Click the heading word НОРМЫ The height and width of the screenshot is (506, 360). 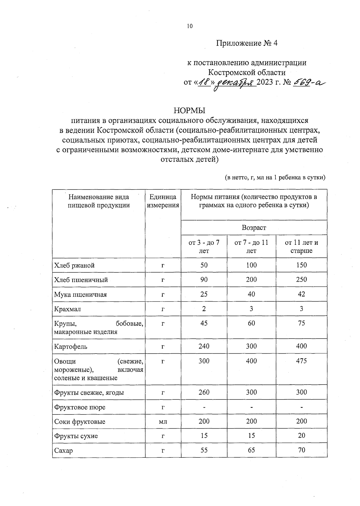(x=189, y=110)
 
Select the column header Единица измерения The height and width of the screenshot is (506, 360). (x=163, y=201)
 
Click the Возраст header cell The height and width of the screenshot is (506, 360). (x=254, y=228)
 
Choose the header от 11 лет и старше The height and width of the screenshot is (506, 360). (x=301, y=247)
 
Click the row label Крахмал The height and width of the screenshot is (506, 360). (x=67, y=309)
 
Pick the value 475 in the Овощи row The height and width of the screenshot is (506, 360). (x=301, y=361)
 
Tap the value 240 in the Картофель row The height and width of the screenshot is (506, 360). (x=204, y=346)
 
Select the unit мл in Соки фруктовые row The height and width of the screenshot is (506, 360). (x=163, y=422)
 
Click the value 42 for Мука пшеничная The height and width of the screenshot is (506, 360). (x=301, y=294)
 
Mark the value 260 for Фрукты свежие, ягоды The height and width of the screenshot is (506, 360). (x=204, y=392)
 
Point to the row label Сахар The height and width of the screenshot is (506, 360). (x=63, y=451)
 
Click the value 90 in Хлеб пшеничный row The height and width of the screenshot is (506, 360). (x=204, y=280)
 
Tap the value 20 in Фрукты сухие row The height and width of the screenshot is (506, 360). (x=301, y=436)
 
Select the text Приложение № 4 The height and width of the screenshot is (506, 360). (x=247, y=43)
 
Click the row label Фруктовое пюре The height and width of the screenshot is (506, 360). (x=80, y=407)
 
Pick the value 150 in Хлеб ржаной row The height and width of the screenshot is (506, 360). (x=301, y=265)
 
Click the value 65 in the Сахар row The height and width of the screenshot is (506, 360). (x=251, y=450)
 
